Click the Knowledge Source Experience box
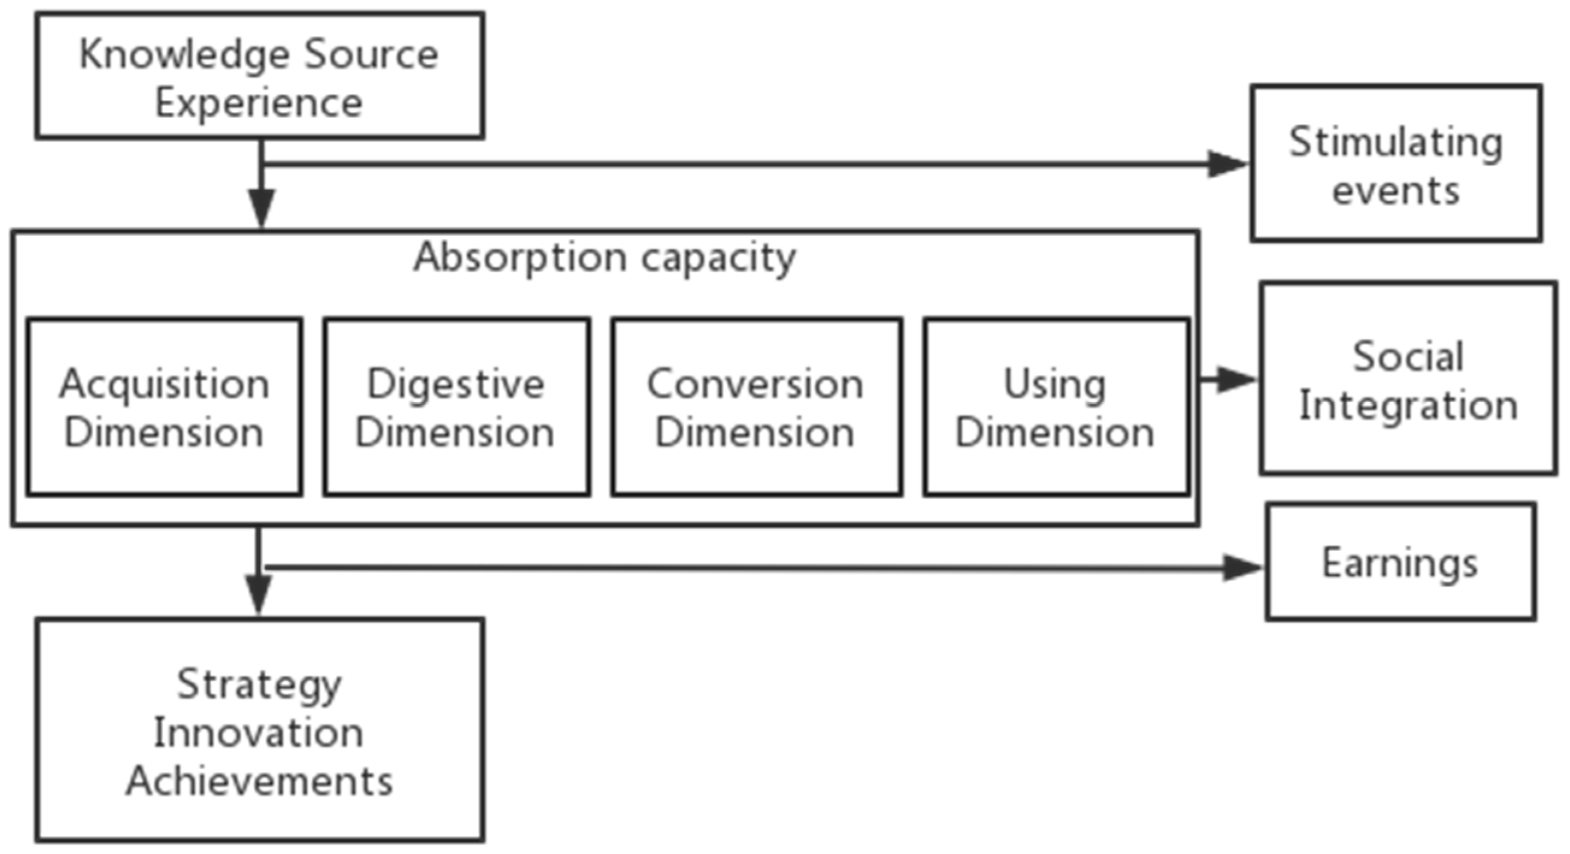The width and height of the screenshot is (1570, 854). click(259, 76)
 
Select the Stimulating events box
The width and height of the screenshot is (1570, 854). click(1395, 163)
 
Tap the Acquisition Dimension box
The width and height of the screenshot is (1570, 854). click(164, 407)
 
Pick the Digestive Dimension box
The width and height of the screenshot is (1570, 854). click(457, 407)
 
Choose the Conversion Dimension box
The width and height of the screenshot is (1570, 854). click(756, 407)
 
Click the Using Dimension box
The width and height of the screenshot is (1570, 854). click(1055, 407)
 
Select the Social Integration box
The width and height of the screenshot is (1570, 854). click(1408, 378)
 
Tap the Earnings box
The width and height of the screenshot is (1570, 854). click(1400, 562)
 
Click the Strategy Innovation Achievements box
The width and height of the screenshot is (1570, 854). click(259, 730)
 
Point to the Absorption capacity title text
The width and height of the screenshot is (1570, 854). click(605, 258)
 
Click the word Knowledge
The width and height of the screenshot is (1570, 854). click(184, 55)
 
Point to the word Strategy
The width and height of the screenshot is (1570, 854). click(259, 684)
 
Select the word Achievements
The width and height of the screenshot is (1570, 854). click(259, 781)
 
